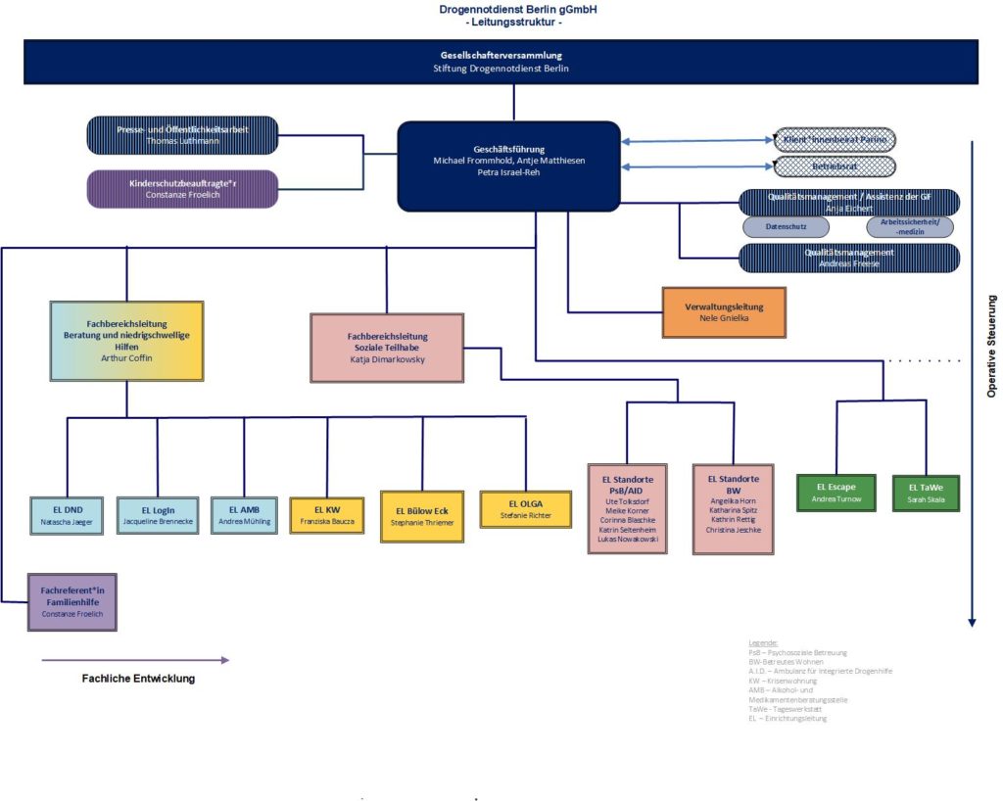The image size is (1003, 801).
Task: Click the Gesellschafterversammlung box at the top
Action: coord(501,62)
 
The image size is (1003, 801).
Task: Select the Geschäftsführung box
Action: coord(508,165)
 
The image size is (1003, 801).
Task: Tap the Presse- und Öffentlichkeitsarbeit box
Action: coord(182,135)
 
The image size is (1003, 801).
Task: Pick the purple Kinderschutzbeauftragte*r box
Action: coord(182,188)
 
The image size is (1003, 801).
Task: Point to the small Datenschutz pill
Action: coord(786,227)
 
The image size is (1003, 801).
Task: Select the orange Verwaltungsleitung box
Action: coord(724,313)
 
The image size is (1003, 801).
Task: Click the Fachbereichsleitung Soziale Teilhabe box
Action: coord(387,348)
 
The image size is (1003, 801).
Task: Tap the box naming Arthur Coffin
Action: coord(126,341)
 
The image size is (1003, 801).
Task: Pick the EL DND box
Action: coord(68,515)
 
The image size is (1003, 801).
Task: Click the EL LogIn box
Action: coord(158,515)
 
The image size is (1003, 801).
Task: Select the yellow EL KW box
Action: coord(326,515)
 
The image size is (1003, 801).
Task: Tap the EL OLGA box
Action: coord(525,509)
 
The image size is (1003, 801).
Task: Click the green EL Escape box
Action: coord(835,493)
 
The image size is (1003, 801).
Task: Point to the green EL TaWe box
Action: coord(926,493)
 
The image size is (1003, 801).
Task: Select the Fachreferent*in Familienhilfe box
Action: coord(72,601)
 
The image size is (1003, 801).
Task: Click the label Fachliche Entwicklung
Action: coord(138,679)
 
